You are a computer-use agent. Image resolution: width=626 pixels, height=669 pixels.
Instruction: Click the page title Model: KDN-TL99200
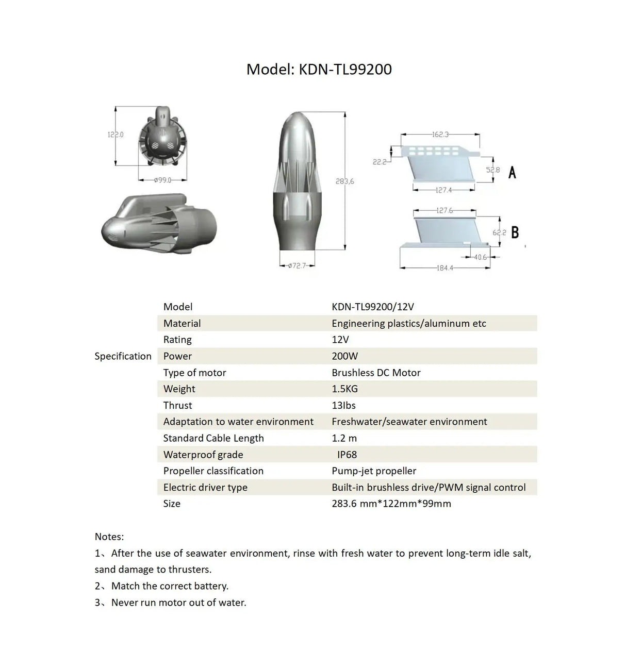tap(319, 69)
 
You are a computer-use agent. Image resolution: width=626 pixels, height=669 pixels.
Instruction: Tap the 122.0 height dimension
tap(116, 135)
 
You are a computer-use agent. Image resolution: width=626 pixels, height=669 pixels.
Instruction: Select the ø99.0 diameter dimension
tap(162, 180)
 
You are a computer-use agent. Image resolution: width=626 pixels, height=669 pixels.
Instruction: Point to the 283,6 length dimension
tap(345, 181)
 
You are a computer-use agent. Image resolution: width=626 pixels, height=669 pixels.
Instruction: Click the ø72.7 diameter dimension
tap(296, 265)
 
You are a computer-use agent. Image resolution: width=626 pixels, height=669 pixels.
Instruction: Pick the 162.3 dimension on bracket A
tap(440, 135)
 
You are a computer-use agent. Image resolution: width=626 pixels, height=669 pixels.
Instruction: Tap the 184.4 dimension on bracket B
tap(444, 268)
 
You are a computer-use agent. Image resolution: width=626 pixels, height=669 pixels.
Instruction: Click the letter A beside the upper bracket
tap(512, 172)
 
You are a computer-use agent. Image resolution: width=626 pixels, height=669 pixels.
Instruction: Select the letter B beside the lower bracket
tap(515, 232)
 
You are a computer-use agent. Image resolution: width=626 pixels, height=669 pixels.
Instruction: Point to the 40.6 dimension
tap(480, 257)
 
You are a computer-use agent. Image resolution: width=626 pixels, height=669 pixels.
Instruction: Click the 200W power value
tap(344, 356)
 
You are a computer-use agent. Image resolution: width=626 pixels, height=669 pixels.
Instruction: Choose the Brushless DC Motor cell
tap(376, 373)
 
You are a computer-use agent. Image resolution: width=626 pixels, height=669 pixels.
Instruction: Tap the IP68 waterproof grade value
tap(347, 455)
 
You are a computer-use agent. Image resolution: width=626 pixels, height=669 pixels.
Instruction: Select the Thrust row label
tap(177, 406)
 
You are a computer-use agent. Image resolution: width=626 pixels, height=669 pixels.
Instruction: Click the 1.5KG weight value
tap(344, 389)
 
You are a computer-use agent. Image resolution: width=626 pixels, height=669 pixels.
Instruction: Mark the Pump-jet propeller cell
tap(374, 471)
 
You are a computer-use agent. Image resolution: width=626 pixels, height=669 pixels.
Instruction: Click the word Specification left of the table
tap(123, 356)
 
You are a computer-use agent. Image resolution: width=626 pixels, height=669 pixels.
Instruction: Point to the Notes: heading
tap(109, 537)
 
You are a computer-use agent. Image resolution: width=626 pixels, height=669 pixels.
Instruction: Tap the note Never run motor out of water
tap(178, 603)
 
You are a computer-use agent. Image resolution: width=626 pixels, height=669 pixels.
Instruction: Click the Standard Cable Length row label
tap(213, 438)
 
